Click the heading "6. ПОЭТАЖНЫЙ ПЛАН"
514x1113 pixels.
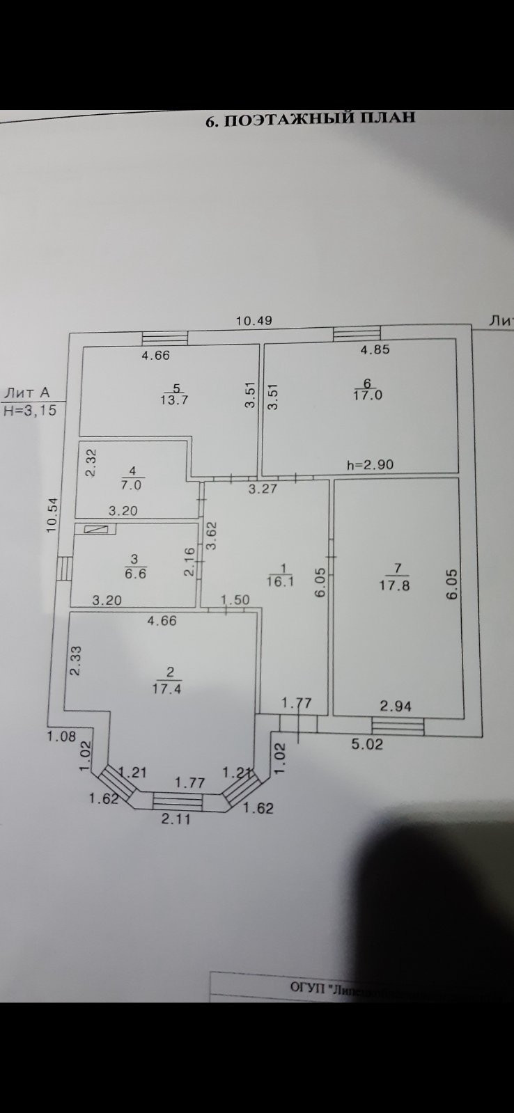(310, 118)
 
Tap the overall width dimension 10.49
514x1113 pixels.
(254, 321)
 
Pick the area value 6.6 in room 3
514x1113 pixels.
(135, 574)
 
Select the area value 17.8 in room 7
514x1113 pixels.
(394, 585)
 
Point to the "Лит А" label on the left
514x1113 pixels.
(28, 393)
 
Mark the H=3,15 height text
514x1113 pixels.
(29, 411)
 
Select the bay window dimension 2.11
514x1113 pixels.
(176, 819)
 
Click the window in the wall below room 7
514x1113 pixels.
(403, 727)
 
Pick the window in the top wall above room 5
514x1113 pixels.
(165, 337)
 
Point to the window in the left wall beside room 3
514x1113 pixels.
(64, 567)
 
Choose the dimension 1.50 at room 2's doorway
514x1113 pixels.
(235, 600)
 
